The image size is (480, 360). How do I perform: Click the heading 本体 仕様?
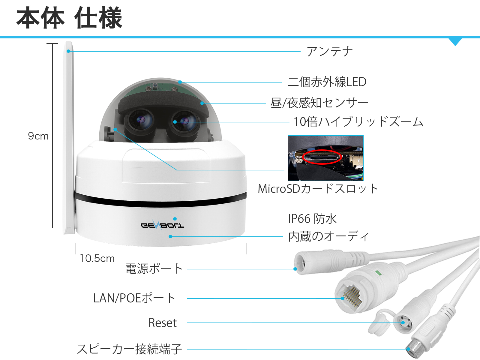pos(69,18)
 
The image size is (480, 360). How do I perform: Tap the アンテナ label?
pos(330,51)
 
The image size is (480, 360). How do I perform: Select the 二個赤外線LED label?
pos(327,82)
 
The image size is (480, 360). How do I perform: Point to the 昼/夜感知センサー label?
pos(319,103)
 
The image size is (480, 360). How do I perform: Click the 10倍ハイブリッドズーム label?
pos(358,122)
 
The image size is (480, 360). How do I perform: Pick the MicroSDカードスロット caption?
pos(318,188)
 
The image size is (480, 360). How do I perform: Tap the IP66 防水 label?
pos(312,219)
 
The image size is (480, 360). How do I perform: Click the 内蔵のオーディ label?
pos(328,236)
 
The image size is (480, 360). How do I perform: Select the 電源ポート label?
pos(154,268)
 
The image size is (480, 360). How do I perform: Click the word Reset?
pos(163,323)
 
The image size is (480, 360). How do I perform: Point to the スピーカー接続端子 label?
pos(129,349)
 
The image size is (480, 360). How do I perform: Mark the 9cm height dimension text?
pos(38,136)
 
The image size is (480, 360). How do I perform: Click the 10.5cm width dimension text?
pos(97,258)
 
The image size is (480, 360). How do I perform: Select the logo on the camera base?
pos(162,225)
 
